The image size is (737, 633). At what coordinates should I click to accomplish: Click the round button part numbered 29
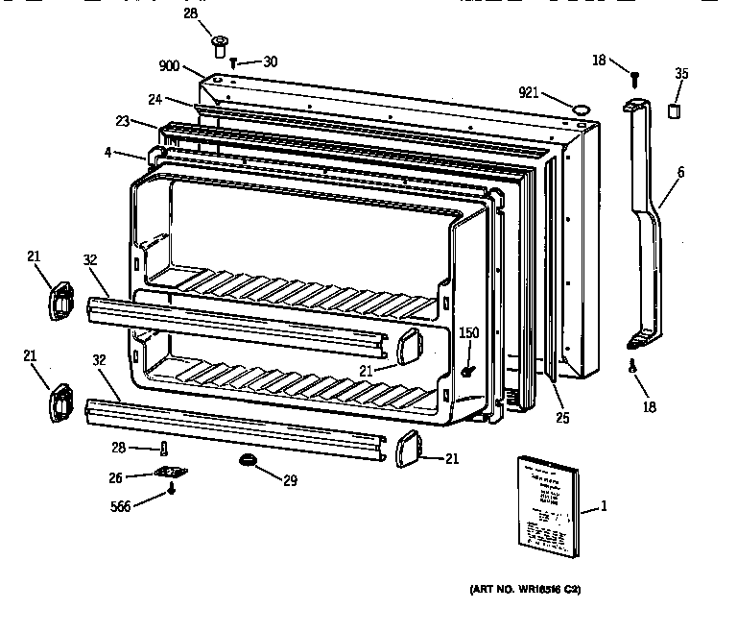249,461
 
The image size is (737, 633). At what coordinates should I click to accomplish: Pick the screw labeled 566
172,488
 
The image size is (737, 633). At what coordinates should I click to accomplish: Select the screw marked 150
468,371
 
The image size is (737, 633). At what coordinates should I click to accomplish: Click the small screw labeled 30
233,62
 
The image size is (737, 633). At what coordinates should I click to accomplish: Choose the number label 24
154,99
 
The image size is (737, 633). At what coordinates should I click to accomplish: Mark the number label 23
122,122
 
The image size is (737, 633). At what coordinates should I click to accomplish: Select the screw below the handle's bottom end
633,364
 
